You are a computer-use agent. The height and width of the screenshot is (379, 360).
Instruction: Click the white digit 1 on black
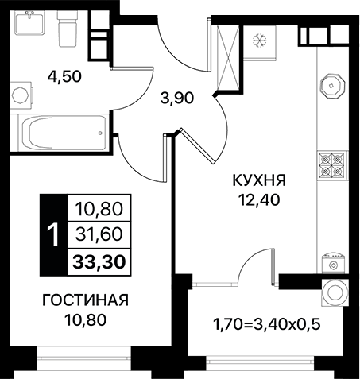54,235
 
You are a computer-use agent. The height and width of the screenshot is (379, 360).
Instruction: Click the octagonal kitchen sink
331,86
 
